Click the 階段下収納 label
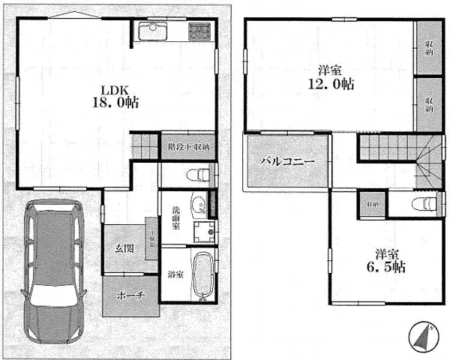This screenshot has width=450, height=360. click(x=189, y=146)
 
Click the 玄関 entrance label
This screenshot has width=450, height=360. click(x=124, y=248)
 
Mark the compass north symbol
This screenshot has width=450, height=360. click(x=424, y=336)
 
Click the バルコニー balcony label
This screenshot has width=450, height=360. click(x=287, y=162)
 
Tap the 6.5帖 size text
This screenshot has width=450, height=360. click(x=380, y=267)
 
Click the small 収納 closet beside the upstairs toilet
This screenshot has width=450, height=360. click(x=371, y=203)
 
